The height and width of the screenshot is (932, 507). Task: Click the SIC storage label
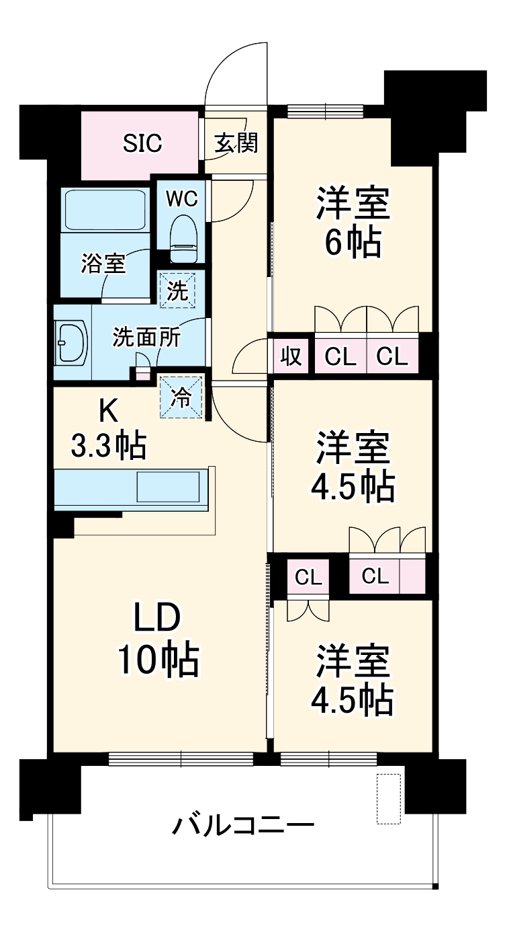142,143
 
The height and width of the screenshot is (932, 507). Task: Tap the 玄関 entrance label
236,143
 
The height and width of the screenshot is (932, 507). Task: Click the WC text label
182,198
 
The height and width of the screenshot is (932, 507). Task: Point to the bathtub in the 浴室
105,209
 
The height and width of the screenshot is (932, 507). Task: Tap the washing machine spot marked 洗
177,290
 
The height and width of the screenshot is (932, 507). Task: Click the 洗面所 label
146,337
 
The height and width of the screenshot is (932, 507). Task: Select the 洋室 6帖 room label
353,222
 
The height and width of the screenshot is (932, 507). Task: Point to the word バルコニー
243,826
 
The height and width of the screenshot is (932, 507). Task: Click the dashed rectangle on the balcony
387,799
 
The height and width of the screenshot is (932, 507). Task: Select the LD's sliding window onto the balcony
181,759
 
